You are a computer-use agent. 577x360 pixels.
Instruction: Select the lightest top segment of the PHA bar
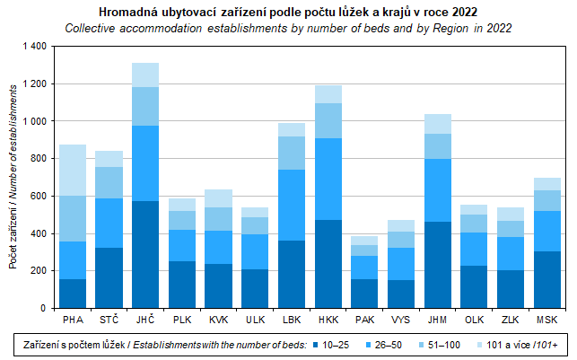click(73, 170)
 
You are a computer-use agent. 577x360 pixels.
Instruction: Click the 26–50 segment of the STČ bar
click(109, 223)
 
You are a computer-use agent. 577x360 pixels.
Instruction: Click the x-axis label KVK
click(219, 319)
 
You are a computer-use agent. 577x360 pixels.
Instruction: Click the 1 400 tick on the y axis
click(33, 46)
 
